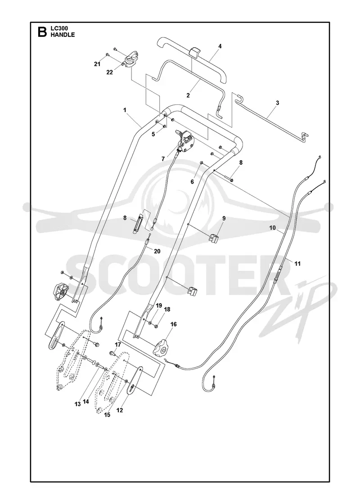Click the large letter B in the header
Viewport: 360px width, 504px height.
coord(42,32)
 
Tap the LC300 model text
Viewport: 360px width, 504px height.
coord(57,29)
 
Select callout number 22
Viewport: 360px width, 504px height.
coord(110,72)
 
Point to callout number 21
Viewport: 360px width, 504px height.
coord(97,64)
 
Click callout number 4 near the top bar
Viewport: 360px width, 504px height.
coord(220,46)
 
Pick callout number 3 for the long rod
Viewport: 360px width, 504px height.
coord(277,103)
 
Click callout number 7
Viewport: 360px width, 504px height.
coord(163,159)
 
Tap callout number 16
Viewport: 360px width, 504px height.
coord(174,324)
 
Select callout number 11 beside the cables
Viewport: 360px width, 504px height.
coord(297,264)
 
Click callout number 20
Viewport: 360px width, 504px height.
coord(157,252)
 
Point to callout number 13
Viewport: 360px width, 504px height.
coord(77,404)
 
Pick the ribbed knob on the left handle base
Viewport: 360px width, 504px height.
coord(59,292)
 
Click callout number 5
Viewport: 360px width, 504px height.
coord(153,134)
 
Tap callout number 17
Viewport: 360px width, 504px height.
coord(117,345)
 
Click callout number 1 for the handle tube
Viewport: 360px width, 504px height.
coord(125,110)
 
